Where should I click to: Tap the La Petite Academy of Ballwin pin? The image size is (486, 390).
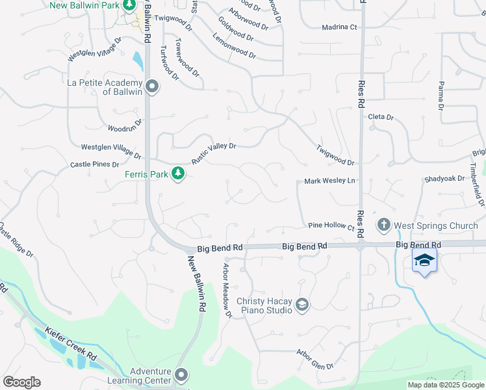click(x=153, y=86)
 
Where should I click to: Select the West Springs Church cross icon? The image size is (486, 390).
click(x=383, y=226)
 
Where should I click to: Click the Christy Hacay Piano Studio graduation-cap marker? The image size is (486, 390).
click(x=302, y=305)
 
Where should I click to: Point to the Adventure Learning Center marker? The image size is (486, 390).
click(x=181, y=376)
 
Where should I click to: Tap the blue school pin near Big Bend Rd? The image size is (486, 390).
click(x=424, y=261)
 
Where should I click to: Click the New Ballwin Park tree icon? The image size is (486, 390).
click(x=129, y=6)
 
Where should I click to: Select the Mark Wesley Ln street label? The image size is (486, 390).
click(x=331, y=181)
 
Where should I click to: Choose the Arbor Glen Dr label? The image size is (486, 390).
click(x=314, y=359)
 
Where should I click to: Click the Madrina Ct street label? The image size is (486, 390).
click(x=340, y=27)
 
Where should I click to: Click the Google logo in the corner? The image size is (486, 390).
click(x=21, y=382)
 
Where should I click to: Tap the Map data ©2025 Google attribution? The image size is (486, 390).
click(x=446, y=385)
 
